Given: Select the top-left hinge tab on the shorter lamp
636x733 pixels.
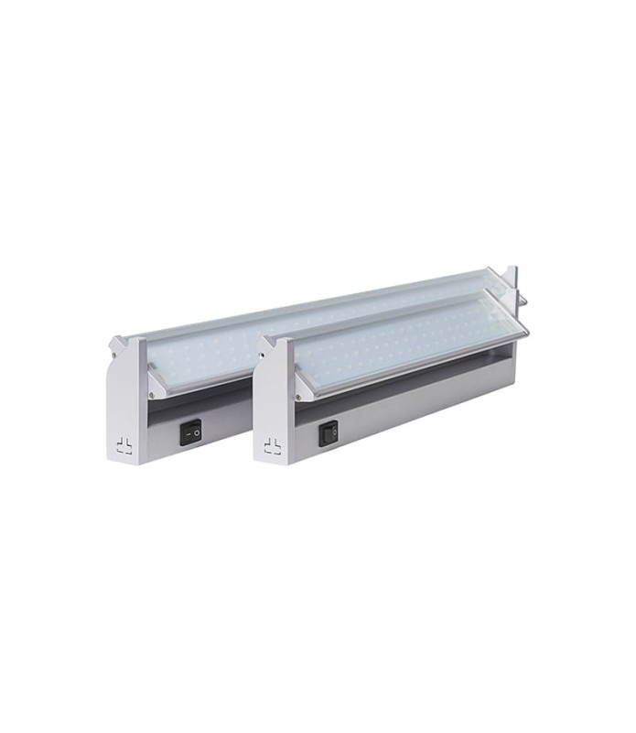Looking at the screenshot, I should (265, 345).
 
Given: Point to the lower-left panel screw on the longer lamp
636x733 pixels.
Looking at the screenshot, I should (152, 393).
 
